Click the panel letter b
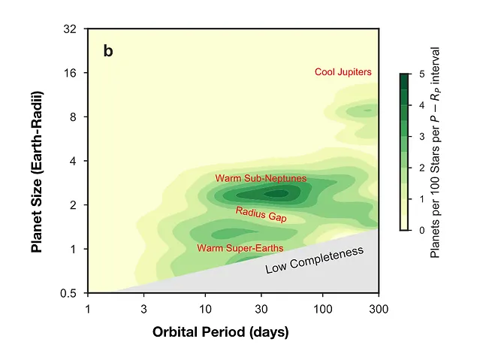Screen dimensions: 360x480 click(108, 52)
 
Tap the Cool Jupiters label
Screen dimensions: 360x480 click(343, 72)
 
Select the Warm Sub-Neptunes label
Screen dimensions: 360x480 click(261, 178)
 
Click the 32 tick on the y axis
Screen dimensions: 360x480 click(74, 29)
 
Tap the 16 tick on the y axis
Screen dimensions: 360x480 click(74, 73)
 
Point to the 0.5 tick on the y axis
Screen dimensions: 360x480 click(72, 292)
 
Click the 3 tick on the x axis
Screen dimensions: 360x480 click(143, 307)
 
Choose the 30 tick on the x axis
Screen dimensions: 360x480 click(261, 307)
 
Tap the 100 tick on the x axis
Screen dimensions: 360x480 click(322, 307)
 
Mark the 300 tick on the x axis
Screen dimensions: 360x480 click(379, 307)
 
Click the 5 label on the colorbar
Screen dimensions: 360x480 click(422, 74)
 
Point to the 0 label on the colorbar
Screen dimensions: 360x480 click(422, 230)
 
